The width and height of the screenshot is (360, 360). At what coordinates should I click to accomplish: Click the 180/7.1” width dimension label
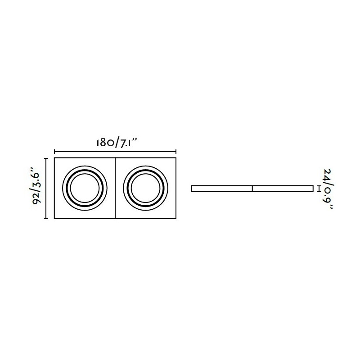(x=117, y=143)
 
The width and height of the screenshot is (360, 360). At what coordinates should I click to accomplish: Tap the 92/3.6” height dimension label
(x=36, y=188)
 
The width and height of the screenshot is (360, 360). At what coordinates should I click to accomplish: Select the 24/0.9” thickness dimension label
(x=328, y=189)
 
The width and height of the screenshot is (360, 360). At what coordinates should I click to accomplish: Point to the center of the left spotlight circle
(x=85, y=188)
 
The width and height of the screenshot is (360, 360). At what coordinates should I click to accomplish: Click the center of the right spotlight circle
(x=145, y=188)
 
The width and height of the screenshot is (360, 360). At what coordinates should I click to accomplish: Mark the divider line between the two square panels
(x=115, y=188)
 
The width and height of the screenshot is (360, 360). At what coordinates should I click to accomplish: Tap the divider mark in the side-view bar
(x=252, y=189)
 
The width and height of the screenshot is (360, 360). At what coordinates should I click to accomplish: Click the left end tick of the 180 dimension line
(x=54, y=152)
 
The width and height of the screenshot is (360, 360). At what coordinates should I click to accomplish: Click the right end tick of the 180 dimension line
(x=176, y=152)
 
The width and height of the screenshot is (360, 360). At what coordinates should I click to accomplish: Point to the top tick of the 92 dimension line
(x=46, y=158)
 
